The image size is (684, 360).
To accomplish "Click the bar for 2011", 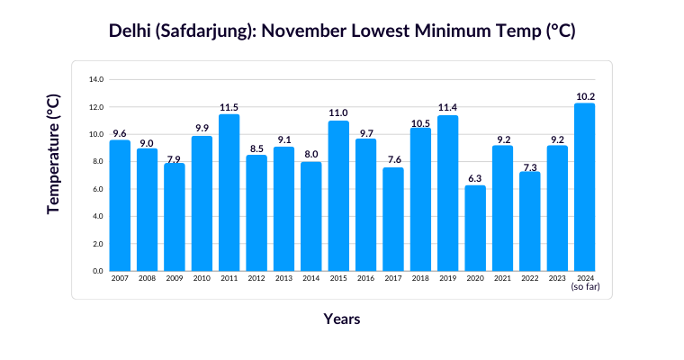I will pyautogui.click(x=229, y=193).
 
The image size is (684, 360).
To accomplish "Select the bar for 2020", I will pyautogui.click(x=475, y=228).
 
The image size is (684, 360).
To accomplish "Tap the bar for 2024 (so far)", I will pyautogui.click(x=584, y=187).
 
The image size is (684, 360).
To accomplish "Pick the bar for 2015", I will pyautogui.click(x=338, y=195).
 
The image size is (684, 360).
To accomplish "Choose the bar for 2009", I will pyautogui.click(x=174, y=217).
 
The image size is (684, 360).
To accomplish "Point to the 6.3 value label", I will pyautogui.click(x=475, y=178).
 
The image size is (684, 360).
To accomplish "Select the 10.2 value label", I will pyautogui.click(x=585, y=95).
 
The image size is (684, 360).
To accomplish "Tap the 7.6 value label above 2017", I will pyautogui.click(x=393, y=160).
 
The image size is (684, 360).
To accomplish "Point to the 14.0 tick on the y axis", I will pyautogui.click(x=96, y=80).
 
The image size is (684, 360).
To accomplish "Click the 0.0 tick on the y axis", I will pyautogui.click(x=96, y=271).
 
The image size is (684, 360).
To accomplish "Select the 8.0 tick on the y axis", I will pyautogui.click(x=96, y=162).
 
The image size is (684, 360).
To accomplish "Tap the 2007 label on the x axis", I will pyautogui.click(x=120, y=279).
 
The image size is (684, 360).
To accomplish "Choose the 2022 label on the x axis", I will pyautogui.click(x=530, y=279).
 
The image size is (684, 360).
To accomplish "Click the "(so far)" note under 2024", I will pyautogui.click(x=585, y=287).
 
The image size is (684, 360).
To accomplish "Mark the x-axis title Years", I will pyautogui.click(x=342, y=319).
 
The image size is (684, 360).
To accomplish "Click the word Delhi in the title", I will pyautogui.click(x=131, y=31).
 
